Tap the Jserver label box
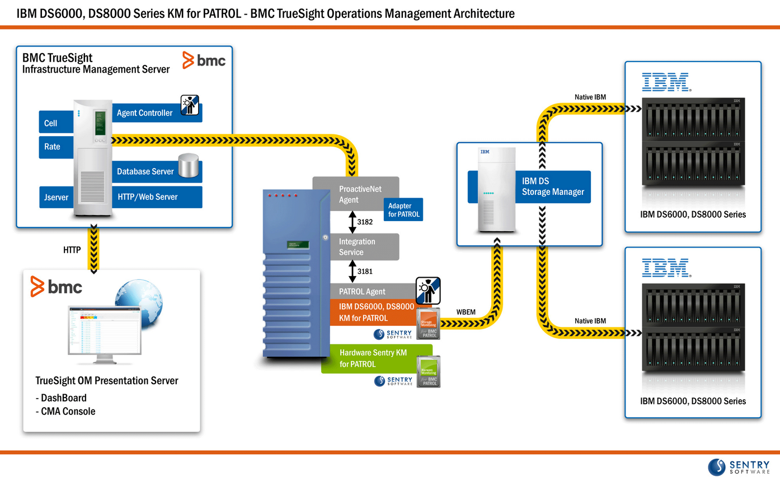(x=56, y=197)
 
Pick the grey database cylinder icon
(x=189, y=166)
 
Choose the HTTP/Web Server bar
(x=157, y=197)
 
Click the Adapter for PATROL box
(x=403, y=210)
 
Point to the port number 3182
(x=365, y=222)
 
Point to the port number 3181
(x=365, y=272)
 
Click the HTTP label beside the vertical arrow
(x=72, y=250)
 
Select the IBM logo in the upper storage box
(x=665, y=82)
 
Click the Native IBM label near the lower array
(x=590, y=321)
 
